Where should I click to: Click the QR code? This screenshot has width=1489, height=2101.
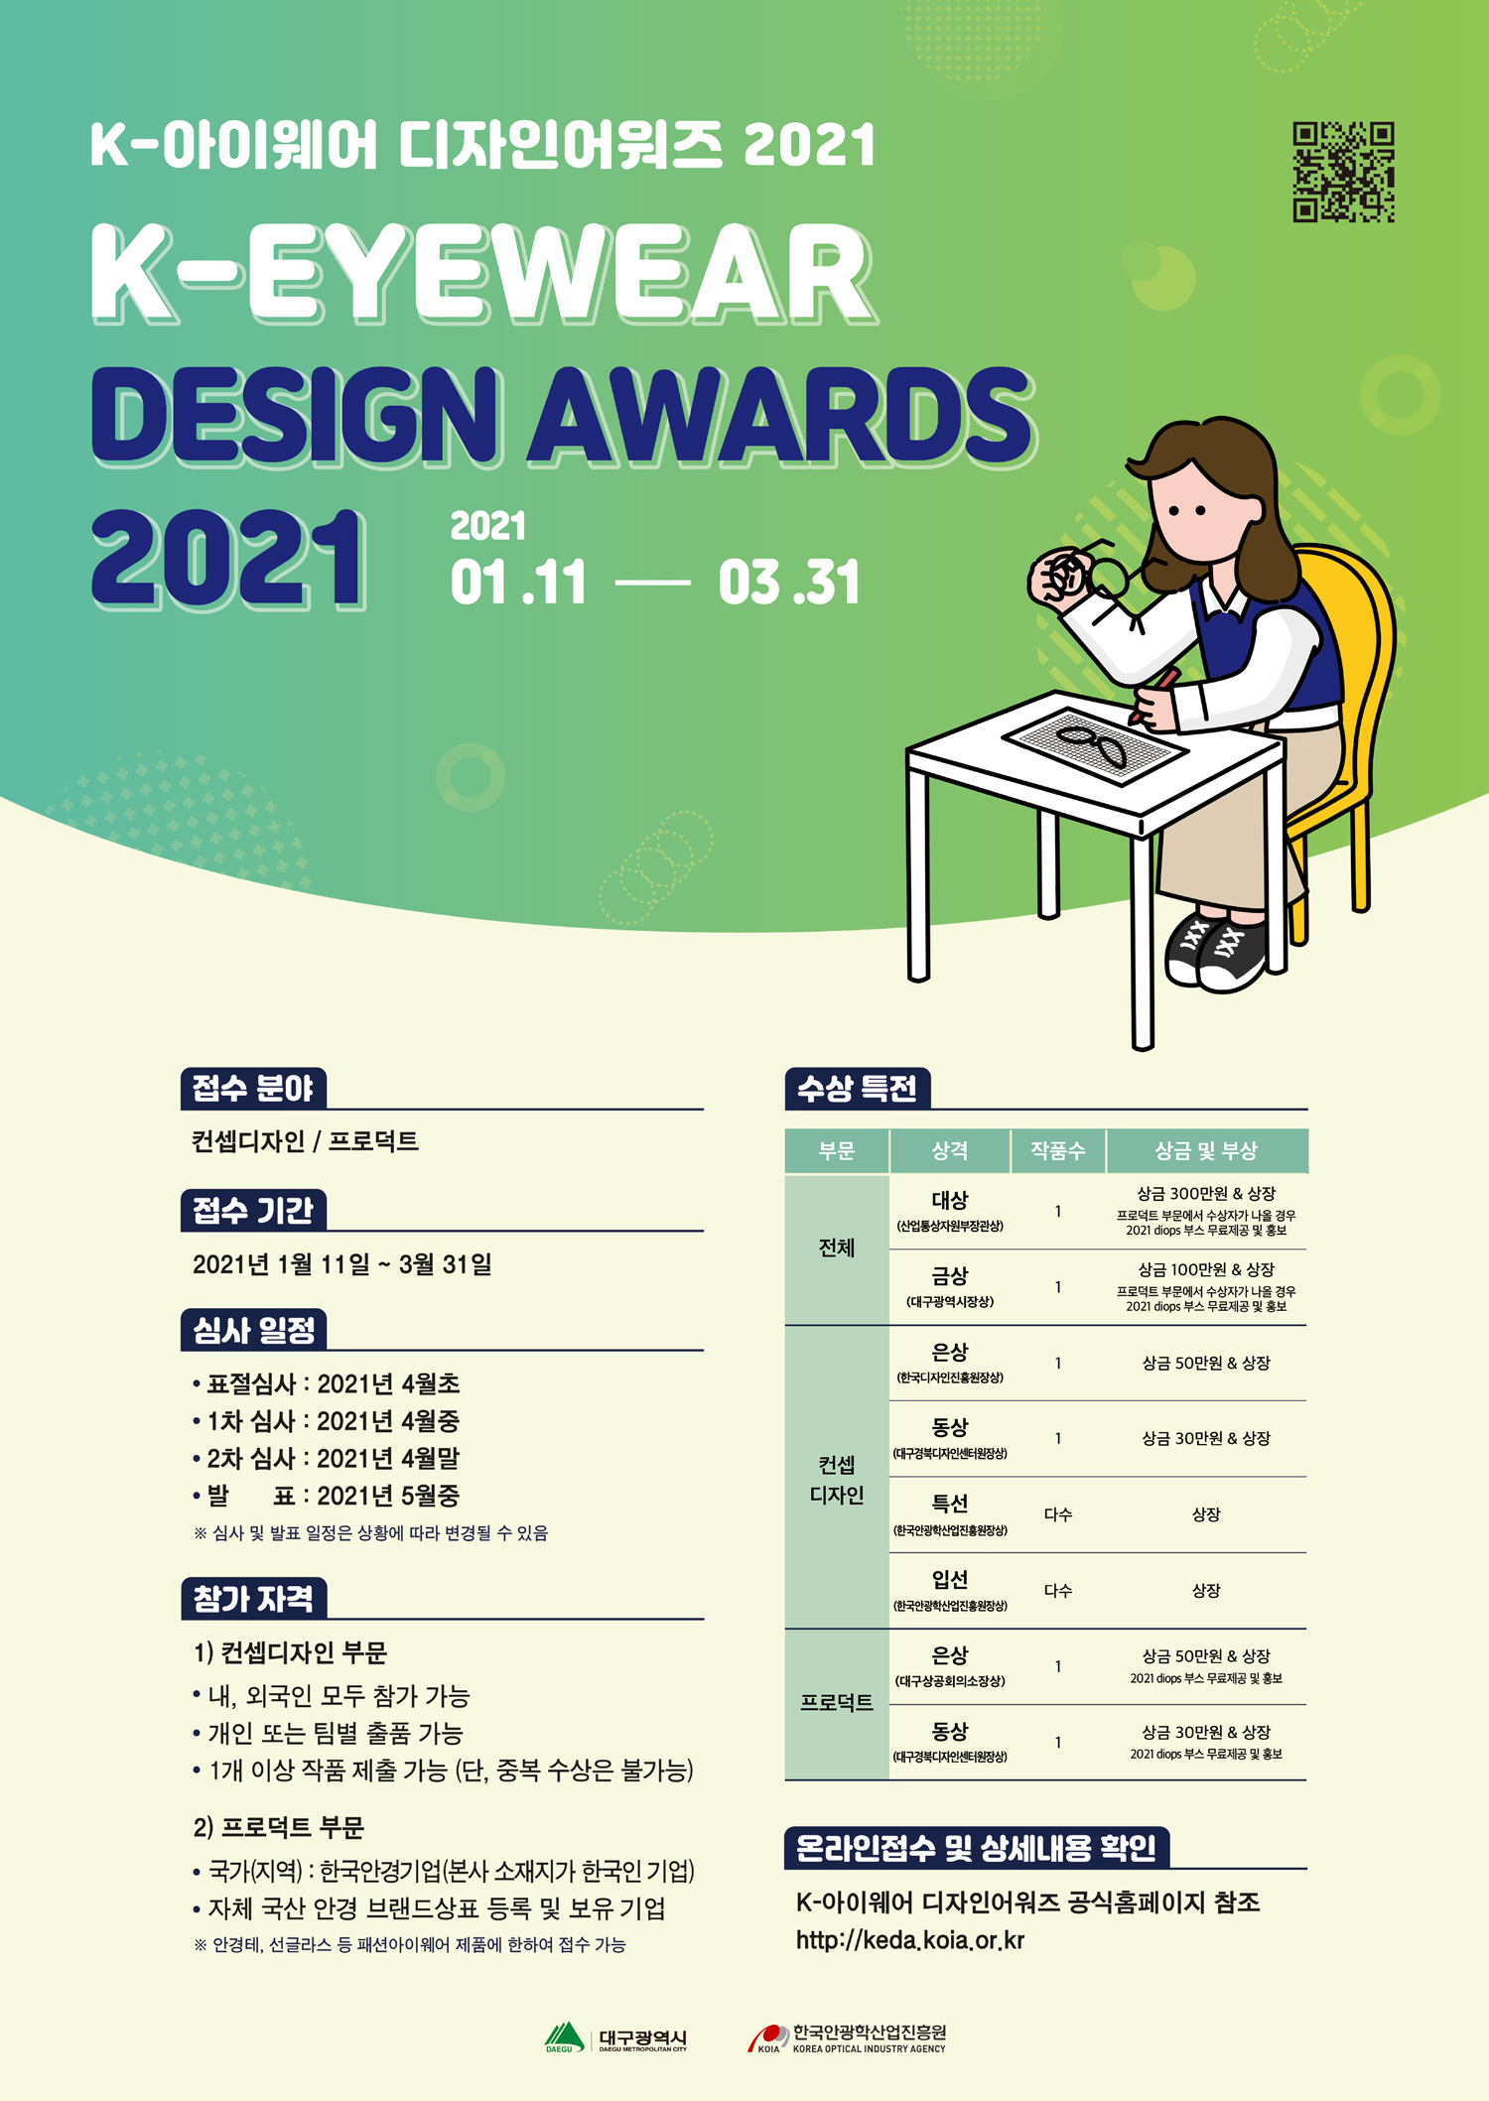click(1343, 172)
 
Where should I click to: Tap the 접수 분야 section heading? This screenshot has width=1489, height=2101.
click(253, 1089)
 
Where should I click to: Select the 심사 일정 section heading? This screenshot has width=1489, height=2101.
click(253, 1330)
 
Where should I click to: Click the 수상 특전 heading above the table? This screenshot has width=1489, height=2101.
click(858, 1089)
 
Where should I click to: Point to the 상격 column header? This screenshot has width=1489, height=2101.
click(949, 1150)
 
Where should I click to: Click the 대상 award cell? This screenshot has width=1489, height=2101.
click(950, 1211)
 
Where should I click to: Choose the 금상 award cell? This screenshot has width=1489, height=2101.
click(950, 1287)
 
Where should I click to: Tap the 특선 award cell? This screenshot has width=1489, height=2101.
click(950, 1514)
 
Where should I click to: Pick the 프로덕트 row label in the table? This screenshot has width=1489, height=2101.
click(837, 1703)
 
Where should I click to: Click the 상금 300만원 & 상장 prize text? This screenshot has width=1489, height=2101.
click(1206, 1193)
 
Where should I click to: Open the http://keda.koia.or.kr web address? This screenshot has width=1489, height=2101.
click(909, 1940)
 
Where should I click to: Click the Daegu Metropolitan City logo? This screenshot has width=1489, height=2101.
click(615, 2038)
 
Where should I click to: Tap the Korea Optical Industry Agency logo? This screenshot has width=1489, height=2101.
click(847, 2038)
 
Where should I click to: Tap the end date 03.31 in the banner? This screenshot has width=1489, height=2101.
click(789, 583)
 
